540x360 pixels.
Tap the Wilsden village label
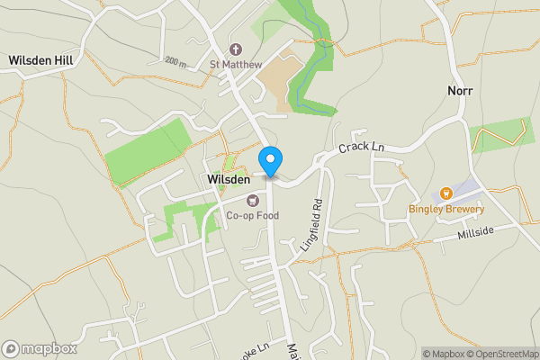coord(229,180)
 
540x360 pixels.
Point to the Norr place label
coord(460,91)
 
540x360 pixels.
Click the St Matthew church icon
coord(236,49)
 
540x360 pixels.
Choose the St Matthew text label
coord(236,64)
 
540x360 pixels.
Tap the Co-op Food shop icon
coord(253,200)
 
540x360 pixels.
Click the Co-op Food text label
coord(252,215)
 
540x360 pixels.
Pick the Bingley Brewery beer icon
coord(445,194)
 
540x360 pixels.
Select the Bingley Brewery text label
coord(446,210)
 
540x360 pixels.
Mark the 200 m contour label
coord(175,61)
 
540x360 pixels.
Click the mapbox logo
coord(40,348)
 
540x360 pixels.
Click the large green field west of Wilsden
coord(148,150)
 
